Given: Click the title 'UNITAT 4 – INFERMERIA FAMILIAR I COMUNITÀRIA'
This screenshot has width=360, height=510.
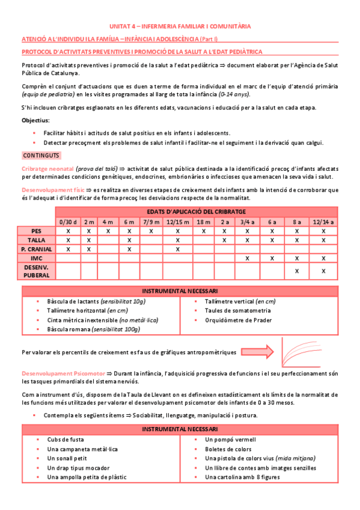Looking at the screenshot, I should point(180,26).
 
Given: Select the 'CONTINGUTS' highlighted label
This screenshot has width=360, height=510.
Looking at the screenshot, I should point(38,155).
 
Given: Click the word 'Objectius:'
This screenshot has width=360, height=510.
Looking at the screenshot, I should point(35,120).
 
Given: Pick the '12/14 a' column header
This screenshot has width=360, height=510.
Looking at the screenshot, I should point(323,221).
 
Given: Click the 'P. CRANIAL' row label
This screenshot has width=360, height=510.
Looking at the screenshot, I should point(37,248).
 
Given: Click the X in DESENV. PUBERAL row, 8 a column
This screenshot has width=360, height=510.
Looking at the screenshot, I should point(296,271).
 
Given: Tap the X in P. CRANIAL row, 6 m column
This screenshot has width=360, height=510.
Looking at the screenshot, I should point(129,248).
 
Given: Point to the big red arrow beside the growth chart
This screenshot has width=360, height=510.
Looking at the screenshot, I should point(257,351).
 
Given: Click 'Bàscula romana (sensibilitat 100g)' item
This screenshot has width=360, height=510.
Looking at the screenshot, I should point(93,330).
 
